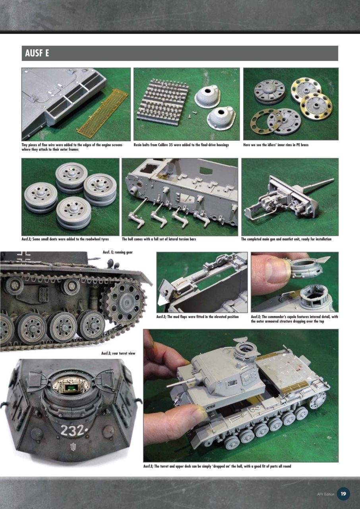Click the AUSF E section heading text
point(37,53)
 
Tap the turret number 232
point(72,430)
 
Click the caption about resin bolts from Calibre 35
point(181,145)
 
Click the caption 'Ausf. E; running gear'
point(118,252)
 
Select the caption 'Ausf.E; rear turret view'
point(118,353)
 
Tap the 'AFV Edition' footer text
point(325,494)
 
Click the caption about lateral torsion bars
point(159,239)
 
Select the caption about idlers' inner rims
point(276,145)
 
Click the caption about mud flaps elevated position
point(197,317)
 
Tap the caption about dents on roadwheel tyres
point(65,239)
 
